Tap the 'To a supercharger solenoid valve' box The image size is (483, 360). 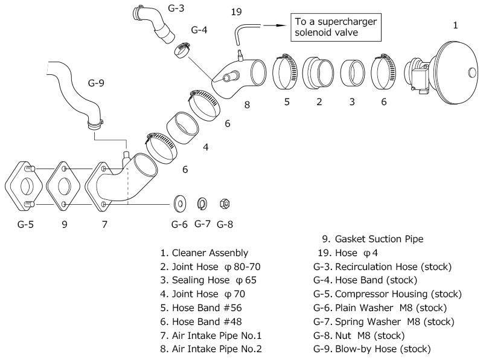(335, 26)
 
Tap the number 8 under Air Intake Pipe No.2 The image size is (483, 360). (247, 104)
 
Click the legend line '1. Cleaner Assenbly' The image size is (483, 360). (209, 252)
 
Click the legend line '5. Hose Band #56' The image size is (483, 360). (203, 307)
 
